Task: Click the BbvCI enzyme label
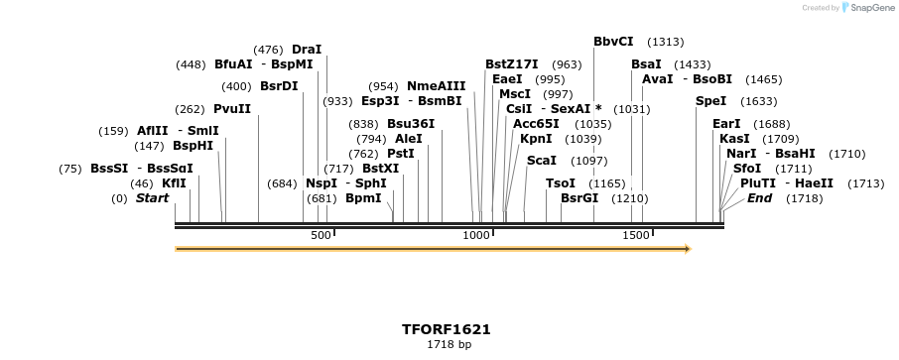tap(613, 42)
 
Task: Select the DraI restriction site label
tap(307, 49)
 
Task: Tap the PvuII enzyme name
tap(232, 109)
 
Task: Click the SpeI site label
tap(710, 101)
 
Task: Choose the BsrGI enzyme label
tap(579, 198)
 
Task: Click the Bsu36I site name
tap(411, 124)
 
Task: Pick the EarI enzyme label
tap(726, 124)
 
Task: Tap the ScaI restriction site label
tap(542, 160)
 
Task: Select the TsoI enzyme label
tap(561, 183)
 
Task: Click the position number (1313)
tap(665, 42)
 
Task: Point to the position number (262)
tap(189, 109)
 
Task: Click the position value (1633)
tap(759, 101)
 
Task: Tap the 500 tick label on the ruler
tap(321, 235)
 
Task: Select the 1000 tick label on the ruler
tap(476, 235)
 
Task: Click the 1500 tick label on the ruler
tap(635, 235)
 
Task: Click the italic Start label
tap(153, 198)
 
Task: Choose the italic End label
tap(760, 198)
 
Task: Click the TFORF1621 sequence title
tap(447, 329)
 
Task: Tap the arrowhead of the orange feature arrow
tap(685, 249)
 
